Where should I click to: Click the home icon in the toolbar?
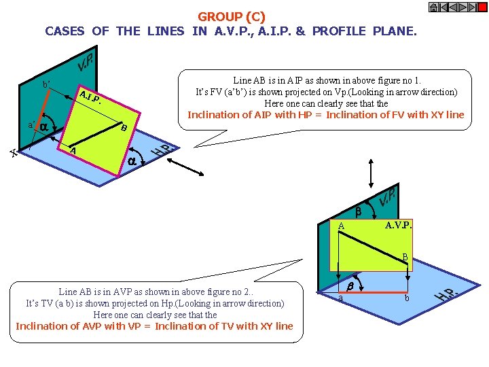433,7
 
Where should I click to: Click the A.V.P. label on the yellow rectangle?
399,225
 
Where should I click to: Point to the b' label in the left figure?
46,85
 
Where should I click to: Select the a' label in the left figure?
31,126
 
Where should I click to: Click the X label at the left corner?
13,154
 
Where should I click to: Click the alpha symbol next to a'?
43,126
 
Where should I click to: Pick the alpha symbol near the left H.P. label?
134,161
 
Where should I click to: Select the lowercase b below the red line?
407,298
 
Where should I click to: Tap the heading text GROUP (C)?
232,16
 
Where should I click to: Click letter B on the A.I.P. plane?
122,128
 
